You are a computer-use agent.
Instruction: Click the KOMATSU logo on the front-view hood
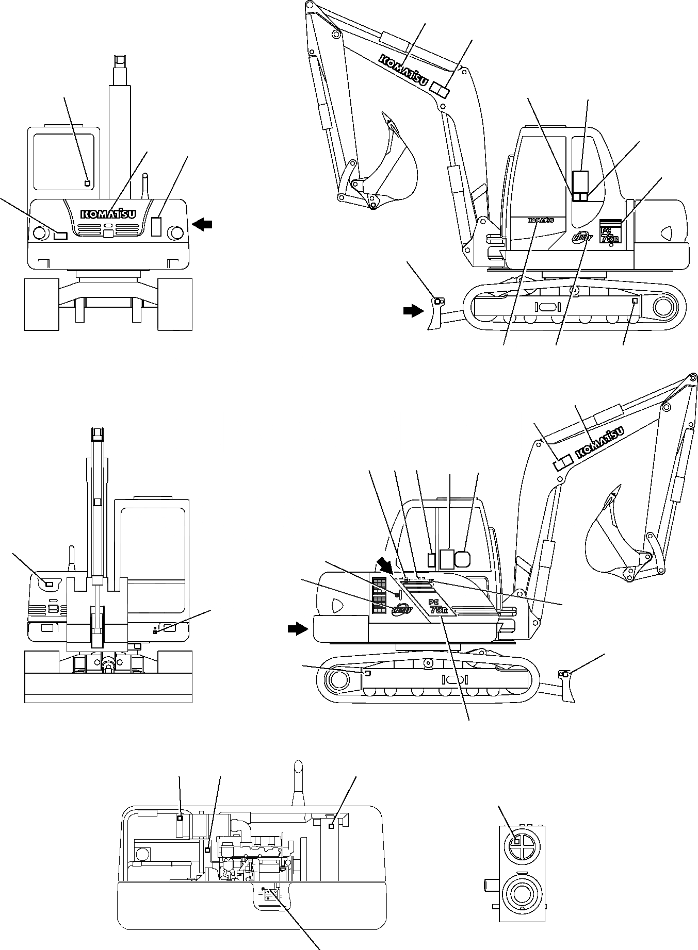(x=108, y=213)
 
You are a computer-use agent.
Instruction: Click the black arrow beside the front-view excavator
(x=202, y=223)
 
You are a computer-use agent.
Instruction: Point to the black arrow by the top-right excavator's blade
(x=413, y=311)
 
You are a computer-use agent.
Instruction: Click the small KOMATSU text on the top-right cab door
(x=540, y=220)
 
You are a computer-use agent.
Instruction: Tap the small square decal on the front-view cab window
(x=87, y=183)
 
